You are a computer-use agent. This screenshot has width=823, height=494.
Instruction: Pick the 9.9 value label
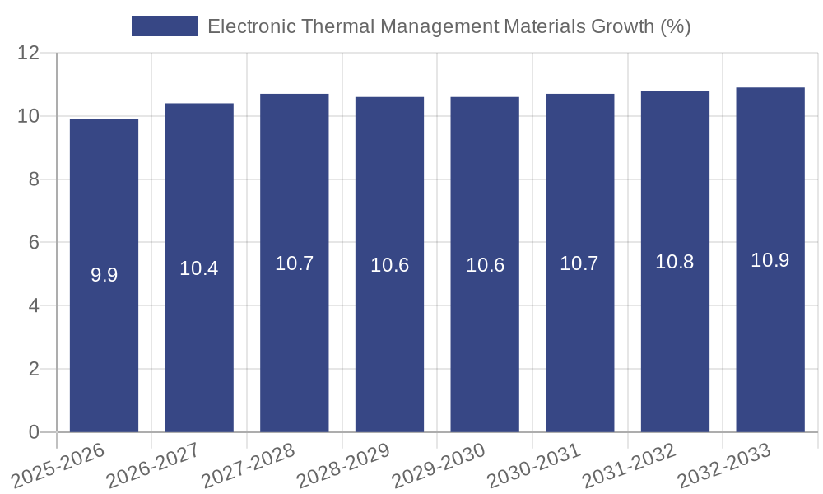[x=104, y=275]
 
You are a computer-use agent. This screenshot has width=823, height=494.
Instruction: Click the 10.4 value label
[x=199, y=268]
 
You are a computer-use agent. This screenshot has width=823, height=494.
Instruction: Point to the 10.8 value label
[x=675, y=262]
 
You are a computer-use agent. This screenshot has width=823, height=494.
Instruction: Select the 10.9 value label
[x=770, y=260]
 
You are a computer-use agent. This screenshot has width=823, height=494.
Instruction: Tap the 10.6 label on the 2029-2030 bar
[x=485, y=265]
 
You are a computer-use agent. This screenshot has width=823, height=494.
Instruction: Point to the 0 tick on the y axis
[x=34, y=432]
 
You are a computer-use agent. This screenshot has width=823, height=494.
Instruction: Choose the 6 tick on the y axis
[x=34, y=243]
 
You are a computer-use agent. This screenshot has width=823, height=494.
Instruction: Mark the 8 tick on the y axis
[x=34, y=179]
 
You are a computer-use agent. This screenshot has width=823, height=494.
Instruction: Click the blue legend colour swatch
[x=165, y=26]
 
